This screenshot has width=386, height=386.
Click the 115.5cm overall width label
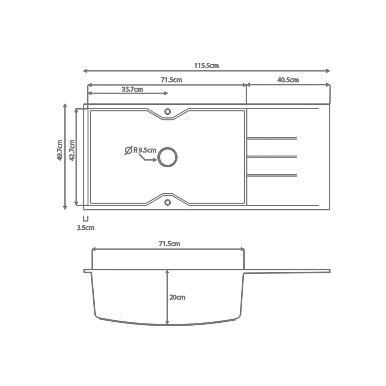coord(206,66)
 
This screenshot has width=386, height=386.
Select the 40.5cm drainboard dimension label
coord(288,80)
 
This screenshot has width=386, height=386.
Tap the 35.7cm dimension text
coord(132,89)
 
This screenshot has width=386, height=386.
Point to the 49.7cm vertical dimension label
coord(60,150)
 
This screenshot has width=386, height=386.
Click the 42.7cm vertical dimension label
coord(72,150)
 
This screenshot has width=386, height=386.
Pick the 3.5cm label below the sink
coord(86,228)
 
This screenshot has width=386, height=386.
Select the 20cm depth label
coord(177,297)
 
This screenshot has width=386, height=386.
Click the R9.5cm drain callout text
coord(145,150)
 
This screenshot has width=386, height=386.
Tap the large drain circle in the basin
coord(167,157)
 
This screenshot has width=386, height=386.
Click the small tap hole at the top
coord(168,112)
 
